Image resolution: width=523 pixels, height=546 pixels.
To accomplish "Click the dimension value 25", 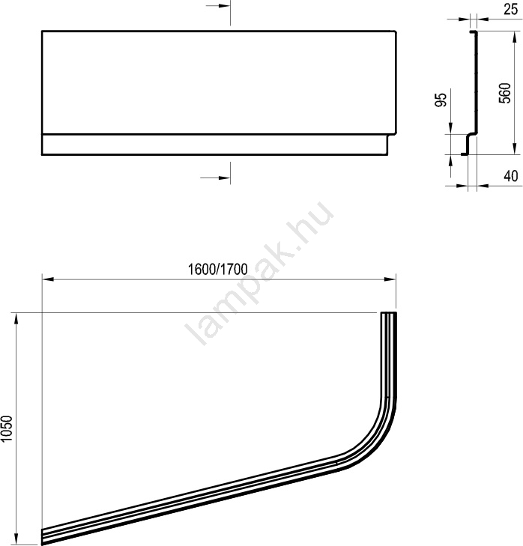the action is (x=510, y=9).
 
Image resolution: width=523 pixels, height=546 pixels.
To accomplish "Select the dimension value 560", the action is (x=504, y=93).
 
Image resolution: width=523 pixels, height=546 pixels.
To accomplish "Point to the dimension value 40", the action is (x=511, y=176).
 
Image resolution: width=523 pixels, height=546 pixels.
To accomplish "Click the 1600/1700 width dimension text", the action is (x=218, y=269).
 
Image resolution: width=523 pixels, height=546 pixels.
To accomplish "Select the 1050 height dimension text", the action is (x=7, y=428).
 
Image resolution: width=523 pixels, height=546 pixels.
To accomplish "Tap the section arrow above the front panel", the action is (x=218, y=6).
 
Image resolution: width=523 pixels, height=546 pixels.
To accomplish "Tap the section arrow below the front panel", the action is (x=215, y=178).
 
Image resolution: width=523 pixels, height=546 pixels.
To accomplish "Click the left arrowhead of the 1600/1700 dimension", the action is (x=48, y=279).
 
